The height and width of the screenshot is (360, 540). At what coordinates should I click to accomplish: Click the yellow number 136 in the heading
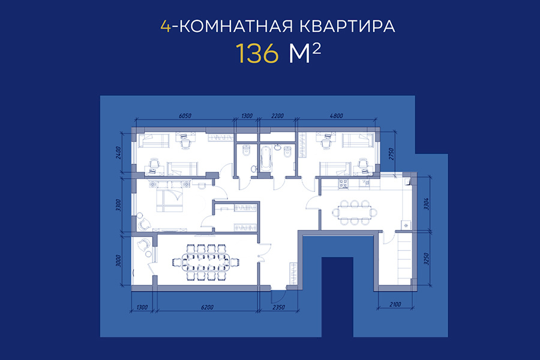point(257,53)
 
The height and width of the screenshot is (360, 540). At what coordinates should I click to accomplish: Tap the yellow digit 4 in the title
point(166,26)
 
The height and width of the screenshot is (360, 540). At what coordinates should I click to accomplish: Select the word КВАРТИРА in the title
point(347,26)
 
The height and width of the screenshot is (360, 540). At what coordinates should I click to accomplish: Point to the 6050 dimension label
point(185,116)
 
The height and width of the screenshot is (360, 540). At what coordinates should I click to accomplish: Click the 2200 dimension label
point(277,116)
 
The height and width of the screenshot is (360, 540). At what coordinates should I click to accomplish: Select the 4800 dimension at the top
point(336,116)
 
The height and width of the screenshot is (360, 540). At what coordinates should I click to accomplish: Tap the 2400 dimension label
point(118,152)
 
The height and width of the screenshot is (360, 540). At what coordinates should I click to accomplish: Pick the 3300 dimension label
point(118,205)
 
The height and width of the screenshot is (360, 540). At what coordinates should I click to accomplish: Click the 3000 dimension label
point(118,261)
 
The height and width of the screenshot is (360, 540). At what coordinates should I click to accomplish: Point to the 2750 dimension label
point(391,154)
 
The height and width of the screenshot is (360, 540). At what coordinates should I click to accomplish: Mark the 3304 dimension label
point(426,204)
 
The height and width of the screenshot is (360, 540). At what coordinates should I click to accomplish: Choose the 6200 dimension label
point(207,307)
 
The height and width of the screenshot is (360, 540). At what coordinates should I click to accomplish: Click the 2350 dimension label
point(278,307)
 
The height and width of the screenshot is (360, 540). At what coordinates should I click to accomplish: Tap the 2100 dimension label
point(395,305)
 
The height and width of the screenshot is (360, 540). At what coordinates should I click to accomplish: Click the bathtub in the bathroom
point(266,159)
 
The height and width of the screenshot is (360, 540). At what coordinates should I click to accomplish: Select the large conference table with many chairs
point(206,263)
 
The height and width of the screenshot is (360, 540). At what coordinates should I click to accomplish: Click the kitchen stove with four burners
point(343,184)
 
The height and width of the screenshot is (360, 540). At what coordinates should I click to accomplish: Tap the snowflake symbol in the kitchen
point(406,226)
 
